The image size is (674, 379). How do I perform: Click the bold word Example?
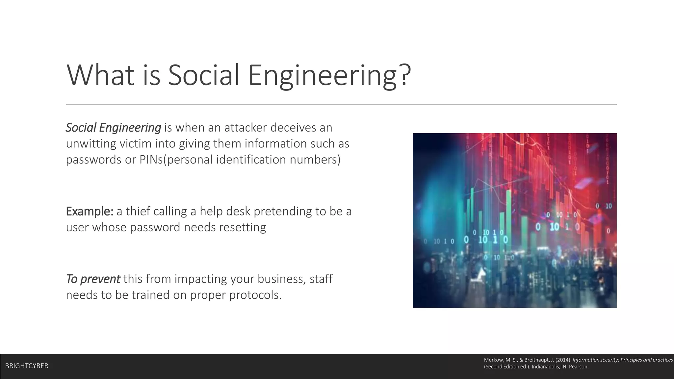pyautogui.click(x=90, y=211)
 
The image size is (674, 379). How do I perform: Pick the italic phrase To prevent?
pyautogui.click(x=93, y=279)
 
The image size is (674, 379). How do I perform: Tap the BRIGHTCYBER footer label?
pyautogui.click(x=27, y=366)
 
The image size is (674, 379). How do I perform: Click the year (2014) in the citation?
pyautogui.click(x=563, y=360)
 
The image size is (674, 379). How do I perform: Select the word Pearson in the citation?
pyautogui.click(x=578, y=366)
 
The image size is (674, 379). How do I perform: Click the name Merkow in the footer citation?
pyautogui.click(x=493, y=360)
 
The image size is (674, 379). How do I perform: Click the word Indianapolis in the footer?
pyautogui.click(x=547, y=366)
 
